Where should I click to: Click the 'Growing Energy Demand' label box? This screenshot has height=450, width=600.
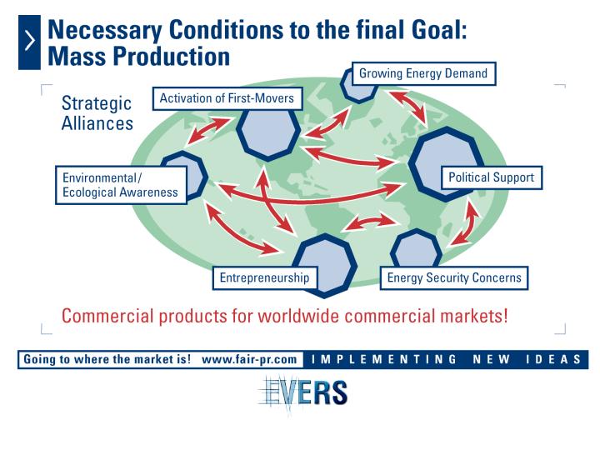[423, 73]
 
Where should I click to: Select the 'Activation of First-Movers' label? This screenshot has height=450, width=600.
[227, 98]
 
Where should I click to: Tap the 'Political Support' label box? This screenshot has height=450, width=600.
[492, 177]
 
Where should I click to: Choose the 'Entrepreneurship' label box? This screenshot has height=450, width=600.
[265, 277]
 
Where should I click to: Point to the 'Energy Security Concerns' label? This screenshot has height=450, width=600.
[454, 277]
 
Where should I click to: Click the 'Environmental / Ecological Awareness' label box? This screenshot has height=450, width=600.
[121, 185]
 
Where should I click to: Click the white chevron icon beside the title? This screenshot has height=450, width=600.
[29, 42]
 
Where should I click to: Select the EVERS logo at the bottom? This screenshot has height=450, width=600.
[303, 393]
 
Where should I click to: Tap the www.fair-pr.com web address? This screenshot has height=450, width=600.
[249, 360]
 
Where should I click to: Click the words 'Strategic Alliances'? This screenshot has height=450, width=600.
[97, 113]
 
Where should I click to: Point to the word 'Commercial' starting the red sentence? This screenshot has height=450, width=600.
[107, 316]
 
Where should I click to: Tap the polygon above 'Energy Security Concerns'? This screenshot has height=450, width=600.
[416, 248]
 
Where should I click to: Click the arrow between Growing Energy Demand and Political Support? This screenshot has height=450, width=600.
[408, 107]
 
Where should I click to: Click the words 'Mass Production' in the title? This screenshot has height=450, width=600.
[138, 57]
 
